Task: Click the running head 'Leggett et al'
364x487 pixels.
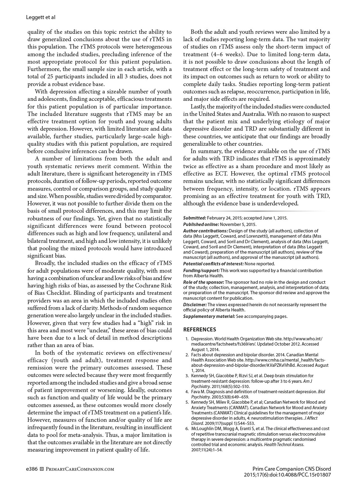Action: (41, 18)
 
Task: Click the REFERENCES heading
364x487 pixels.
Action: (199, 330)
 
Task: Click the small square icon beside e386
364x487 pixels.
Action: (42, 469)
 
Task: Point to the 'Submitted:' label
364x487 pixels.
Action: (194, 218)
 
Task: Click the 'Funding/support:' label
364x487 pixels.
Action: (201, 271)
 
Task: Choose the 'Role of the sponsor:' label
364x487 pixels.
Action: (203, 282)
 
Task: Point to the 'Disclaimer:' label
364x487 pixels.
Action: (195, 305)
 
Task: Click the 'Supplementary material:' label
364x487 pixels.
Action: (209, 316)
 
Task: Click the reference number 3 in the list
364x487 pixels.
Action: (187, 376)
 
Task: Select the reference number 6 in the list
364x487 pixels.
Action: (187, 429)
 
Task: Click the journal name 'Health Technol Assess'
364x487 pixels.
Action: (284, 445)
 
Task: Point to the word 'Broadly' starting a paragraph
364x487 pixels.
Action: (45, 263)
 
